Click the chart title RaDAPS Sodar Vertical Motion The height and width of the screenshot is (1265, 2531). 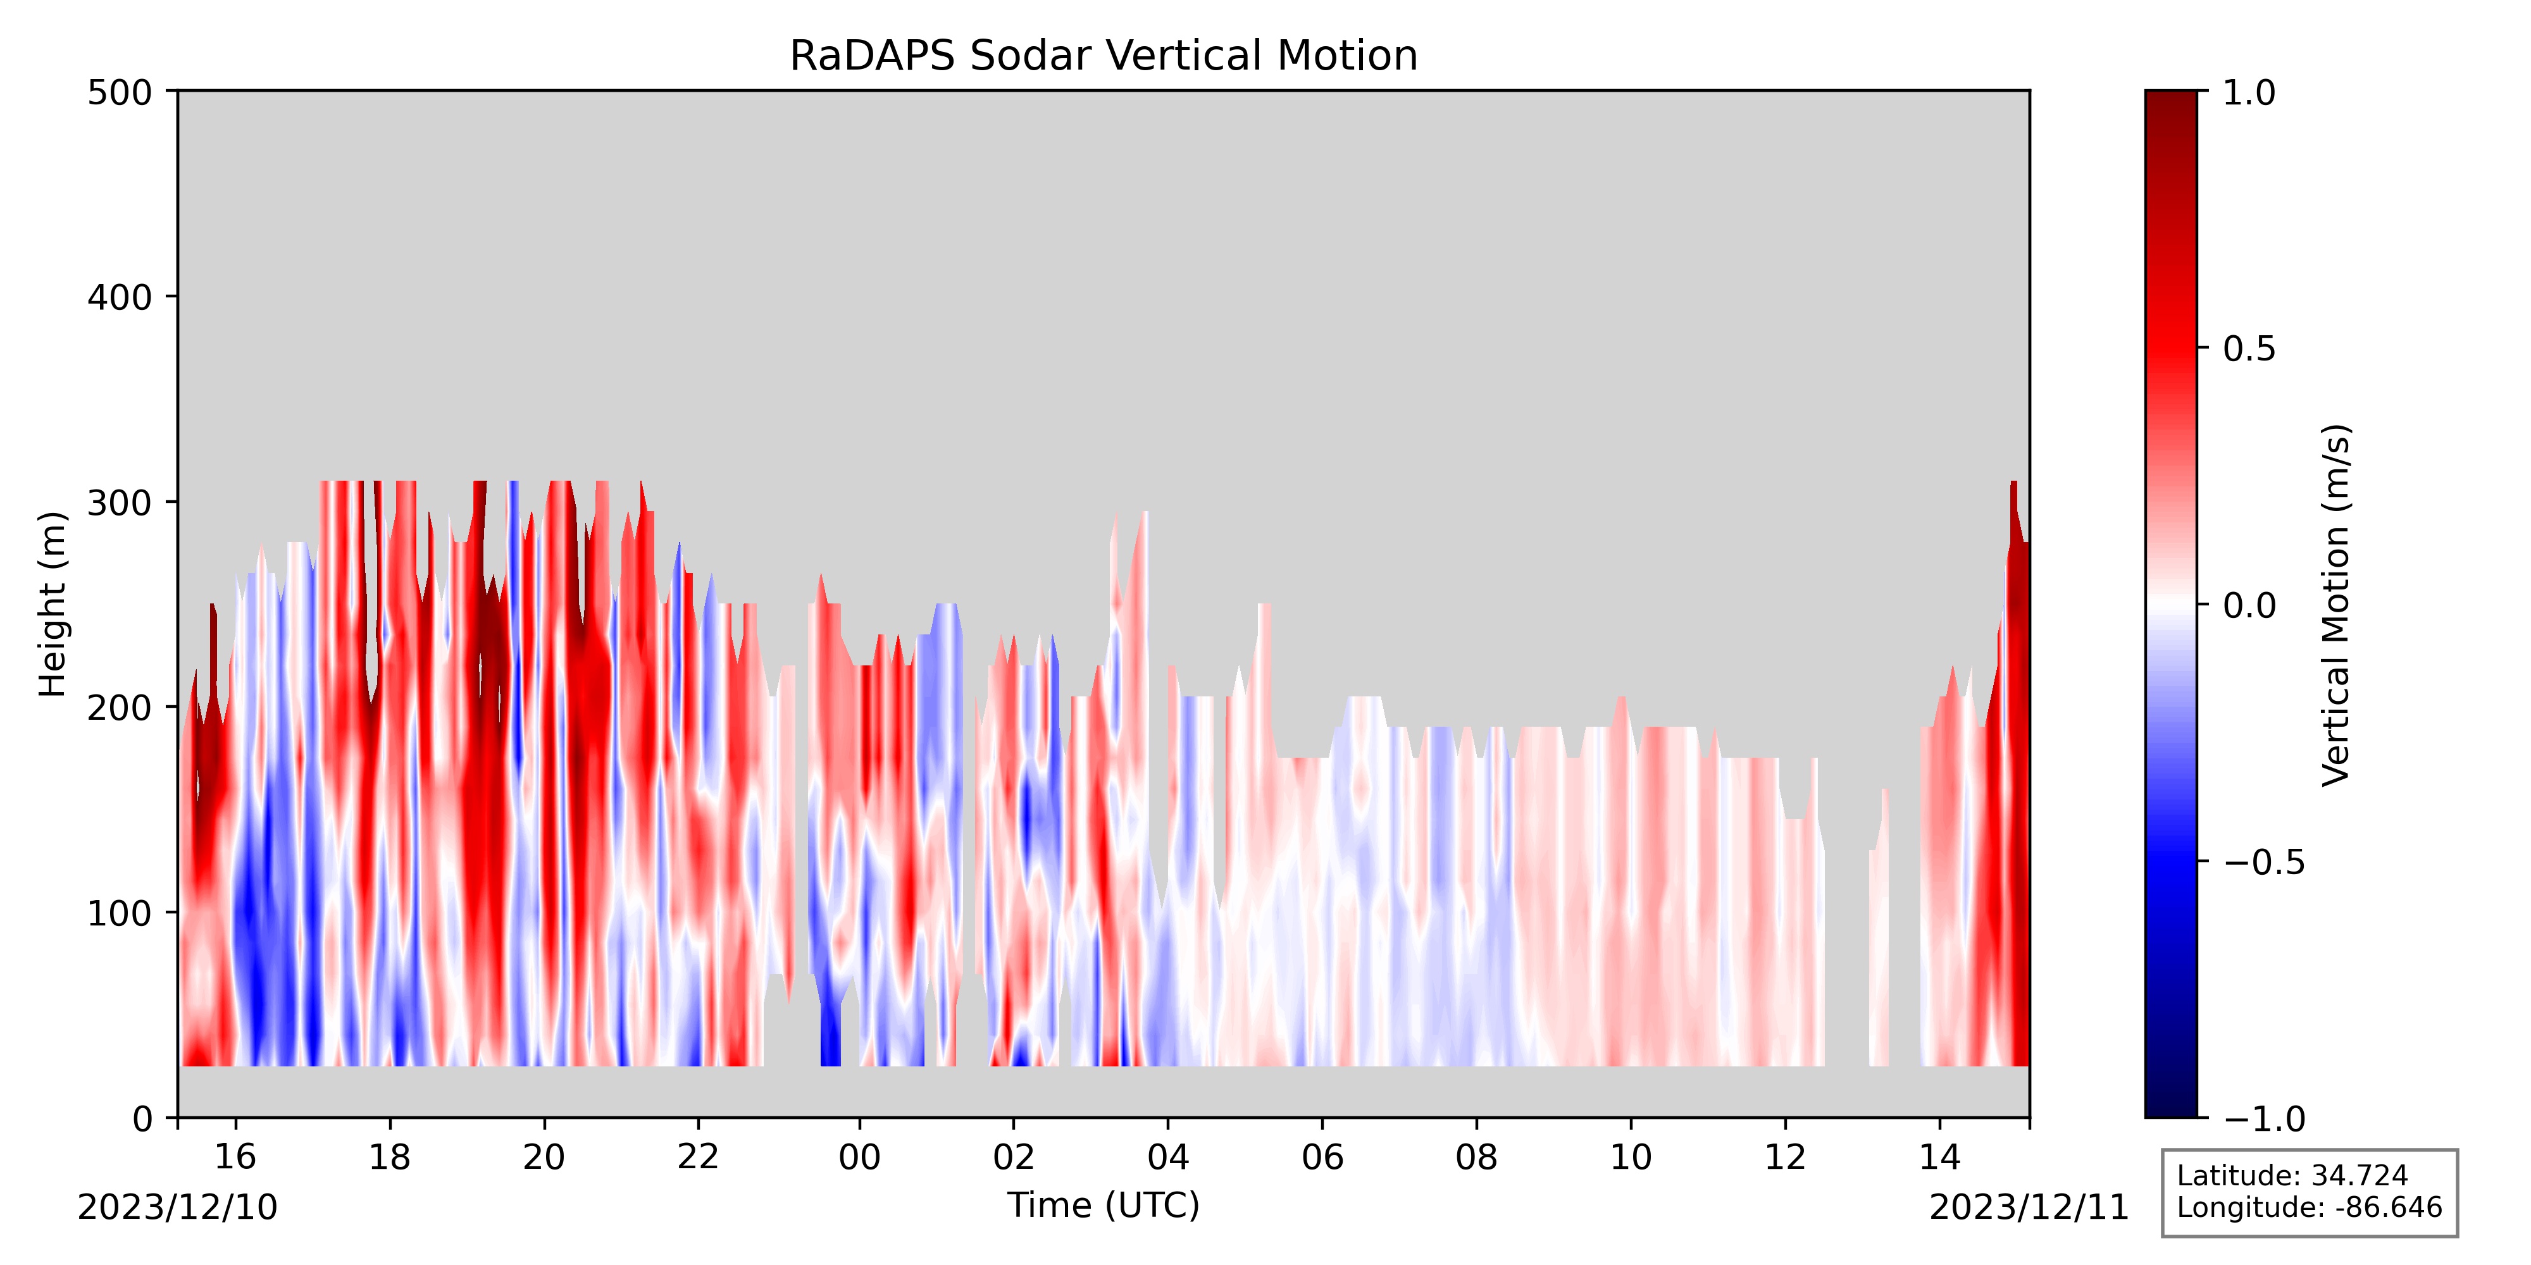1104,56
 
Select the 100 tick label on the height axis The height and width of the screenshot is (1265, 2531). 120,913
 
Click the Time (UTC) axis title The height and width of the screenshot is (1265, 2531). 1104,1205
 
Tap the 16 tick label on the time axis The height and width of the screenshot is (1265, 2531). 235,1157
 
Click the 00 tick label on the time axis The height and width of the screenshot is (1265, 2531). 860,1157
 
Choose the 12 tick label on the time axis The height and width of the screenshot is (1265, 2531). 1785,1157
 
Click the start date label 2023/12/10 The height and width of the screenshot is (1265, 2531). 178,1207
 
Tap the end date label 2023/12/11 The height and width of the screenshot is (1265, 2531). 2029,1207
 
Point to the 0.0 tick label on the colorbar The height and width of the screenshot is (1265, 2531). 2249,605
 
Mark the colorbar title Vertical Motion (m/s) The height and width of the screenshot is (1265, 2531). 2335,604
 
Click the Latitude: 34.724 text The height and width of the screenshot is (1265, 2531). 2292,1176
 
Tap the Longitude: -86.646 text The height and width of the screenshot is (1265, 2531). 2309,1207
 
